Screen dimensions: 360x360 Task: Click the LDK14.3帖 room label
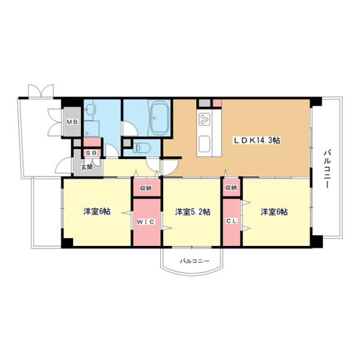(257, 140)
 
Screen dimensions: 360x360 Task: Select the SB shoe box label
(92, 154)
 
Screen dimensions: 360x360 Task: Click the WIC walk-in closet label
(147, 222)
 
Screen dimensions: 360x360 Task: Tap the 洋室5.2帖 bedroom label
(192, 212)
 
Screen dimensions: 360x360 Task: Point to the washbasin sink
(91, 110)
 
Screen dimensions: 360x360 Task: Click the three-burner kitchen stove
(205, 119)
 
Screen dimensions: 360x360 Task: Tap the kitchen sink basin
(205, 143)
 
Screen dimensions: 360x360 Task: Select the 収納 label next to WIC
(146, 188)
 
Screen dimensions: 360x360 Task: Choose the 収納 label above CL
(231, 188)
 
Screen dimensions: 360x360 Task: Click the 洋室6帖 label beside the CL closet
(274, 212)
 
